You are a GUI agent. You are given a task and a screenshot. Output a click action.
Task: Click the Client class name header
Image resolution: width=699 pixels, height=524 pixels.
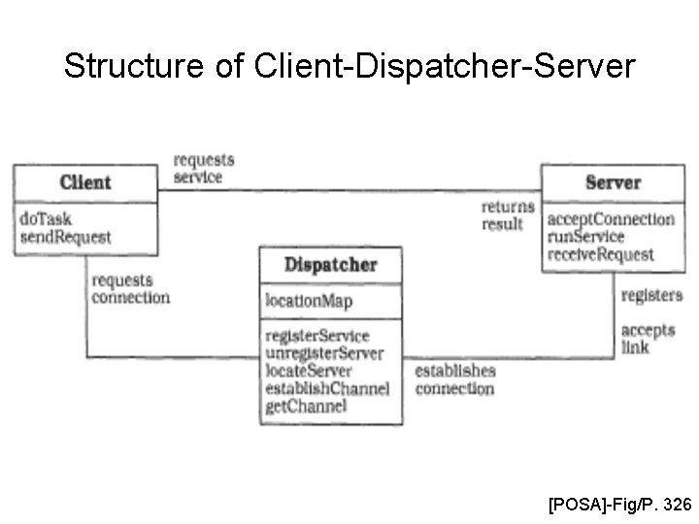pyautogui.click(x=85, y=181)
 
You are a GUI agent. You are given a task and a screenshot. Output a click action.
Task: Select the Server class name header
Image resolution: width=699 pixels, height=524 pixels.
pyautogui.click(x=613, y=181)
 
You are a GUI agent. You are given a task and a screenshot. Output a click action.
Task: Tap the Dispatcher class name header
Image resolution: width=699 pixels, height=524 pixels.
pyautogui.click(x=330, y=264)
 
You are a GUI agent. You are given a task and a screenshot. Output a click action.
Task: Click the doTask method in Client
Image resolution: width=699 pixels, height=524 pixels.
pyautogui.click(x=46, y=218)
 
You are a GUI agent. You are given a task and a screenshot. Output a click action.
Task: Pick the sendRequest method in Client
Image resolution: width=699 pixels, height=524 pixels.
pyautogui.click(x=65, y=236)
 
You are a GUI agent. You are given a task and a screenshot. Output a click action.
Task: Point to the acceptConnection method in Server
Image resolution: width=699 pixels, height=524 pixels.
pyautogui.click(x=610, y=218)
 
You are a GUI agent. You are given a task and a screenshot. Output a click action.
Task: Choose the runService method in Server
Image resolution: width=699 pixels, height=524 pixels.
pyautogui.click(x=585, y=236)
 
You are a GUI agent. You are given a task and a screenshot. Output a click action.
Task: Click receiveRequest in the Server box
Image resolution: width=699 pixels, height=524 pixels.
pyautogui.click(x=600, y=254)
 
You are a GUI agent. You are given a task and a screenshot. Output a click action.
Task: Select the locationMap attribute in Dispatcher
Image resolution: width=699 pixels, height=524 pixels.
pyautogui.click(x=310, y=301)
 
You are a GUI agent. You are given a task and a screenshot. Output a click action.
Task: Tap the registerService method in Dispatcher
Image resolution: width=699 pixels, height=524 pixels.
pyautogui.click(x=316, y=336)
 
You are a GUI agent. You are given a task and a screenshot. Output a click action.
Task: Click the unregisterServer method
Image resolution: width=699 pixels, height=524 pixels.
pyautogui.click(x=323, y=353)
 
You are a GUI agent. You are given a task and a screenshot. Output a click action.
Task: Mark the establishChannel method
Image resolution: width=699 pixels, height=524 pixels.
pyautogui.click(x=326, y=388)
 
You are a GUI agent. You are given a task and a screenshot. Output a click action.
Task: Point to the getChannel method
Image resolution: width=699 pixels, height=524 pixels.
pyautogui.click(x=305, y=406)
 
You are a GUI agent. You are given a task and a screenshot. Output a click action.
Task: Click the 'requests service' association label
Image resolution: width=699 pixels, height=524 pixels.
pyautogui.click(x=203, y=169)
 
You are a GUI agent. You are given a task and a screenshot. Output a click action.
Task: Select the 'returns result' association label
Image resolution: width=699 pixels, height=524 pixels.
pyautogui.click(x=507, y=215)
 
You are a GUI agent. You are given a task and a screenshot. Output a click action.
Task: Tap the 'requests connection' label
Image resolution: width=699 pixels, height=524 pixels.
pyautogui.click(x=129, y=289)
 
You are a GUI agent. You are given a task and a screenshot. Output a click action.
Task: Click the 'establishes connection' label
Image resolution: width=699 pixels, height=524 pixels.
pyautogui.click(x=454, y=379)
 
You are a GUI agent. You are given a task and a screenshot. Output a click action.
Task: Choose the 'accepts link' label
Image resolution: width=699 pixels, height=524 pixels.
pyautogui.click(x=648, y=338)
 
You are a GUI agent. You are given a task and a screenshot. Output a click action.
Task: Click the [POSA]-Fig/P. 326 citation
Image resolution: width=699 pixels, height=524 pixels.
pyautogui.click(x=619, y=504)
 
